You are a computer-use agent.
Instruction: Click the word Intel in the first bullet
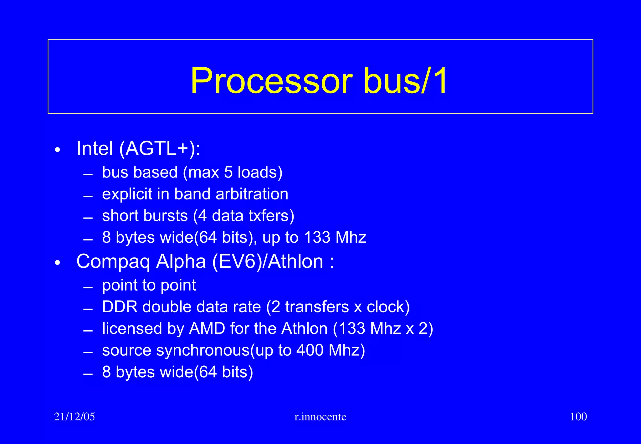click(95, 148)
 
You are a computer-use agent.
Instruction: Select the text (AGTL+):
click(160, 149)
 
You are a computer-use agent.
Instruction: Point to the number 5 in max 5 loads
click(228, 172)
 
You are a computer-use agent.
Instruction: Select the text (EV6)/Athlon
click(268, 262)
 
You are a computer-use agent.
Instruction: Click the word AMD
click(207, 329)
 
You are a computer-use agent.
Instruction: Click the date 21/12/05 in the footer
click(74, 417)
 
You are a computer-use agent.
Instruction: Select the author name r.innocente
click(320, 417)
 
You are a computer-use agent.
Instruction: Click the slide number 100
click(578, 417)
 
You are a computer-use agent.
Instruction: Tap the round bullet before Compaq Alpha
click(57, 263)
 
